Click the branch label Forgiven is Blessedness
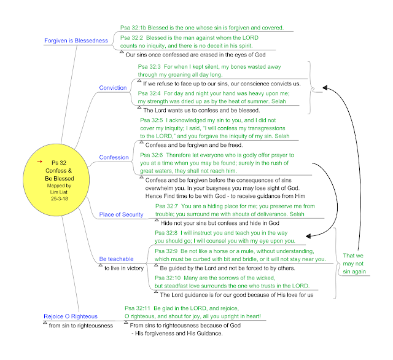click(76, 41)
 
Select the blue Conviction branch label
click(113, 88)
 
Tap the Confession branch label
click(114, 157)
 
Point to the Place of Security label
click(121, 214)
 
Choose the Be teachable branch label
click(116, 259)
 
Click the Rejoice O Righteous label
click(71, 316)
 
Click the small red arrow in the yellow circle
click(39, 162)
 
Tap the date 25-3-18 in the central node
click(60, 199)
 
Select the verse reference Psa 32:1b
click(133, 28)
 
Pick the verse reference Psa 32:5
click(152, 120)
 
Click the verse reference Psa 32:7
click(166, 206)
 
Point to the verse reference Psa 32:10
click(168, 278)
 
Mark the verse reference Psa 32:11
click(138, 308)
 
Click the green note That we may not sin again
click(354, 264)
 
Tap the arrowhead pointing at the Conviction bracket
click(325, 87)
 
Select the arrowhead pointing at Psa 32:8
click(308, 236)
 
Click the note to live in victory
click(124, 268)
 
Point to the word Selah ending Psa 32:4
click(278, 101)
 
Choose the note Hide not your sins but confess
click(220, 223)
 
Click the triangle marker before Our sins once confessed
click(122, 52)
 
